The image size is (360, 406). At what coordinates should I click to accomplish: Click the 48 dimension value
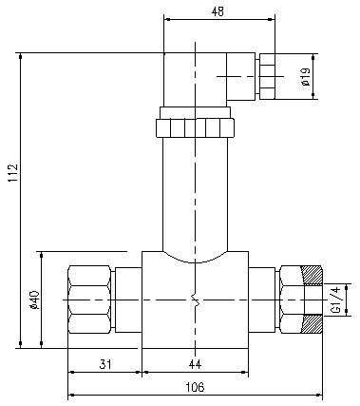pyautogui.click(x=218, y=11)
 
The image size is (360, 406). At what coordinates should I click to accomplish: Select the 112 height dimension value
pyautogui.click(x=13, y=173)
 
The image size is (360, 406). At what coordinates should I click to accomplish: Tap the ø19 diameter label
pyautogui.click(x=306, y=77)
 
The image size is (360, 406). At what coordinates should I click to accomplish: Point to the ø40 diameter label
pyautogui.click(x=34, y=300)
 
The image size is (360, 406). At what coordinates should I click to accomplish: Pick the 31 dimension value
pyautogui.click(x=105, y=364)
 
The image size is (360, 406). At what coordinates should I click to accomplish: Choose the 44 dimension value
pyautogui.click(x=195, y=364)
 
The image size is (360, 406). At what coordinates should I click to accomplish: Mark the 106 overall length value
pyautogui.click(x=195, y=387)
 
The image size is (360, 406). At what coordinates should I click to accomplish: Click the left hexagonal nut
pyautogui.click(x=90, y=300)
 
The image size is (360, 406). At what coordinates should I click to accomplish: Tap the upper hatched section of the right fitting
pyautogui.click(x=313, y=275)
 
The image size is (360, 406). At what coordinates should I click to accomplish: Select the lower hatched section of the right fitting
pyautogui.click(x=313, y=324)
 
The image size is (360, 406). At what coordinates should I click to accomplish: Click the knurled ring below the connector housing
pyautogui.click(x=195, y=127)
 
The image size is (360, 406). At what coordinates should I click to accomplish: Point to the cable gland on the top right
pyautogui.click(x=267, y=76)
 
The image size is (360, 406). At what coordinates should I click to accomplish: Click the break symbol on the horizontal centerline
pyautogui.click(x=196, y=300)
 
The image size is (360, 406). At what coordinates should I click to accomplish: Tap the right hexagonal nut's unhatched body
pyautogui.click(x=292, y=300)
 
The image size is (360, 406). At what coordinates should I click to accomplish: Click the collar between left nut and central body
pyautogui.click(x=128, y=300)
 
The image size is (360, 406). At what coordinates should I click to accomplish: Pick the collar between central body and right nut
pyautogui.click(x=261, y=300)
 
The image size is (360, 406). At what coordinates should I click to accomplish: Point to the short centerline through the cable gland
pyautogui.click(x=250, y=76)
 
